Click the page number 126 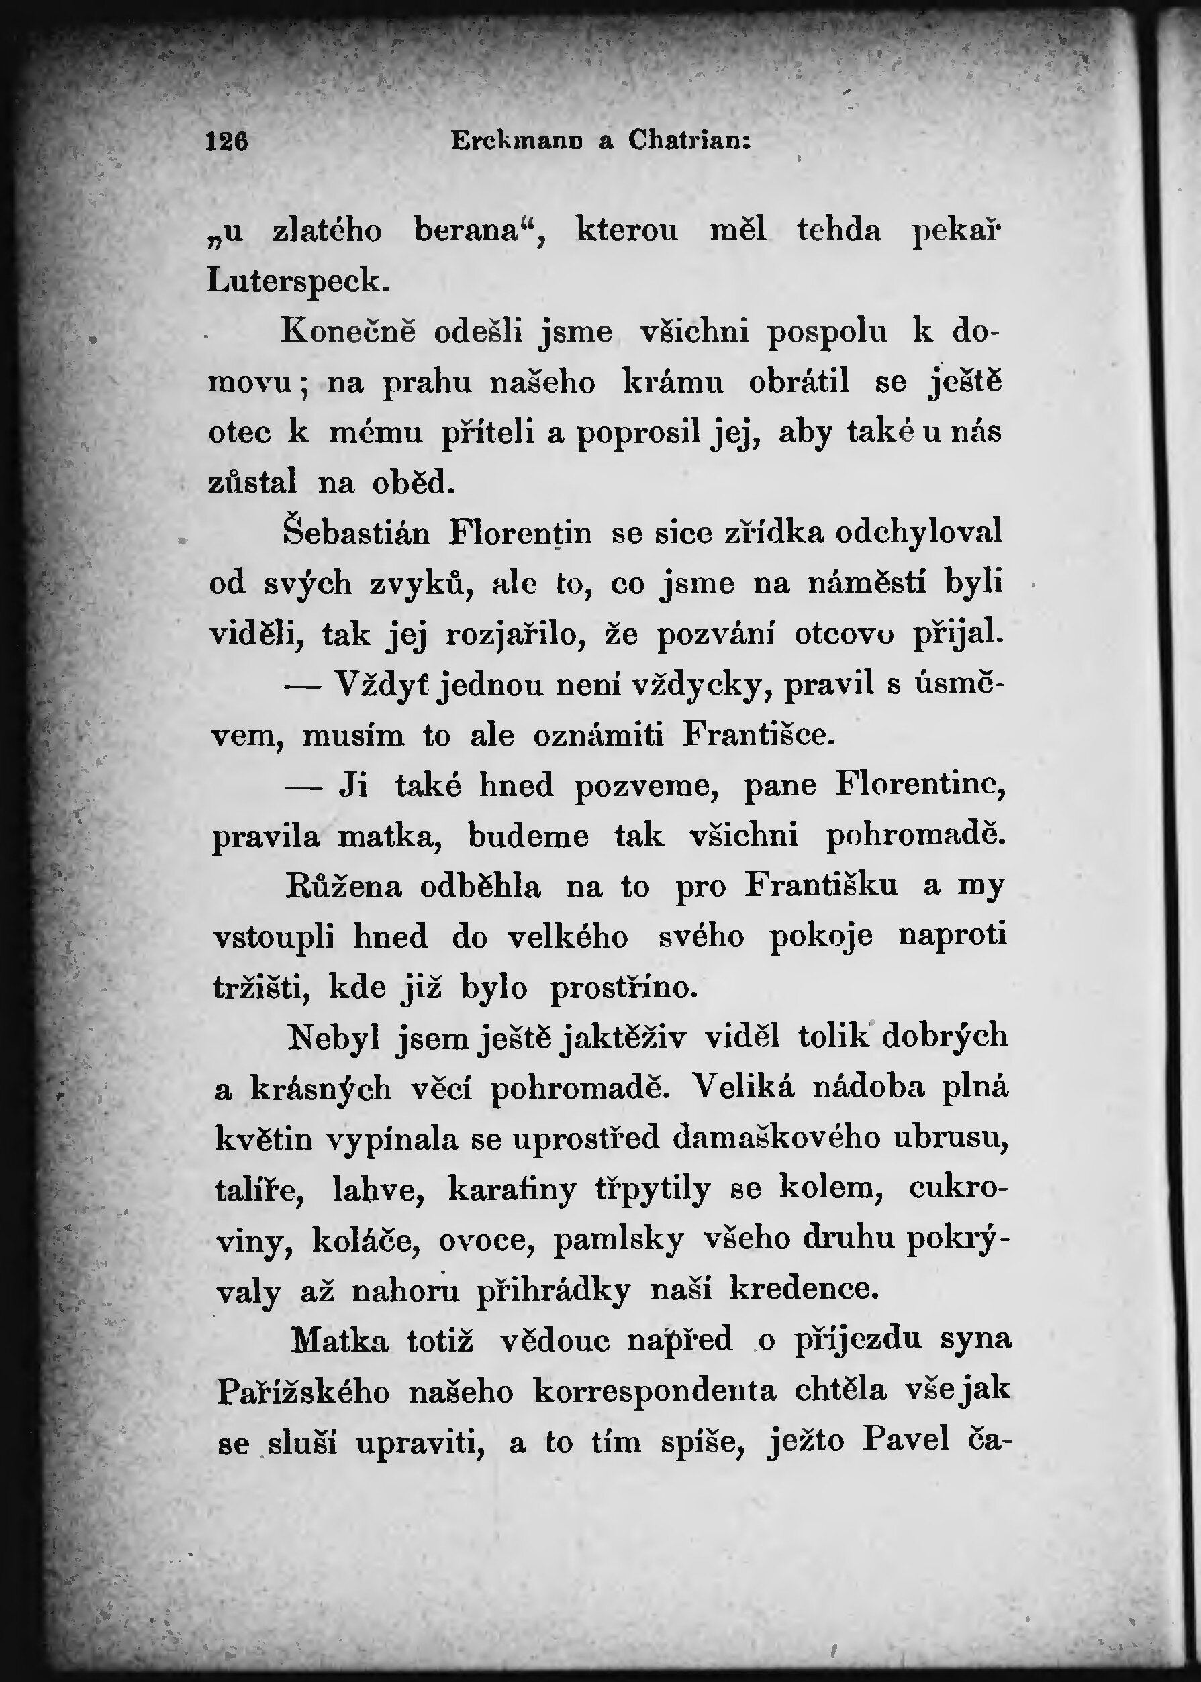[x=227, y=140]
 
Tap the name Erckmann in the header [x=516, y=140]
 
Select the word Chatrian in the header [x=689, y=140]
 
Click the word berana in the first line [x=474, y=232]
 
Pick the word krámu [x=672, y=384]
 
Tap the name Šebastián [x=356, y=533]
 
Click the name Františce [x=758, y=736]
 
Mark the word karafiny [x=512, y=1189]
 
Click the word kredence [x=805, y=1289]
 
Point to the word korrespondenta [x=655, y=1391]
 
